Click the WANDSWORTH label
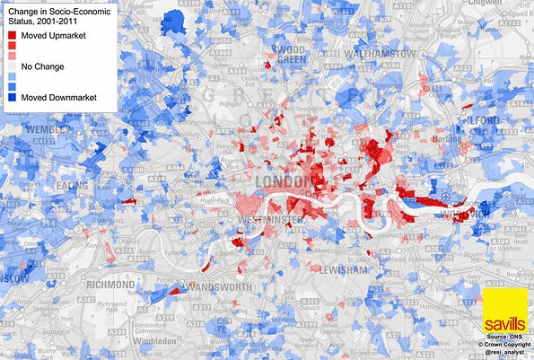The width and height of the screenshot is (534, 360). (x=218, y=285)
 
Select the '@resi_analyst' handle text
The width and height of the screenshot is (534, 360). (x=508, y=354)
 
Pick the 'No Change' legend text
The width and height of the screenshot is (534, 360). (x=43, y=66)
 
